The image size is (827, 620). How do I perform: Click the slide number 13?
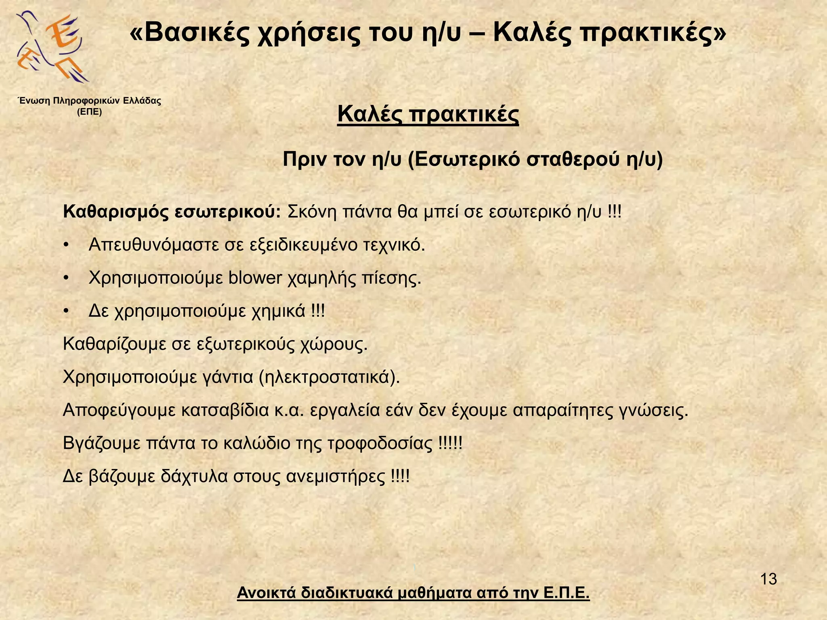(x=768, y=579)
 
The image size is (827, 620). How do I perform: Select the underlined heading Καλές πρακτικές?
(x=428, y=114)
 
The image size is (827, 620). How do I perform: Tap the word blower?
(x=255, y=278)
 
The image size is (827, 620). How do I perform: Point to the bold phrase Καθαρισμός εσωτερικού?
(x=172, y=212)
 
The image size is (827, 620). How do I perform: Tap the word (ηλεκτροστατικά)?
(x=329, y=377)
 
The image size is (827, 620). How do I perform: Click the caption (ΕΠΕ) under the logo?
(x=89, y=112)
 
